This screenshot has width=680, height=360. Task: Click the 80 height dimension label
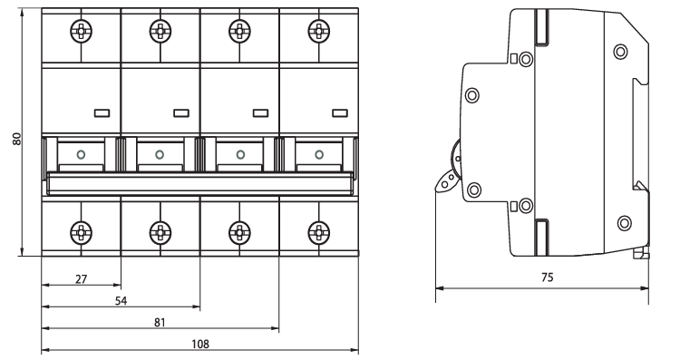coord(17,139)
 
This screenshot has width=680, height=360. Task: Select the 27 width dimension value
coord(81,279)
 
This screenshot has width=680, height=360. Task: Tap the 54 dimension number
coord(121,301)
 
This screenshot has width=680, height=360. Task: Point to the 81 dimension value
coord(160,323)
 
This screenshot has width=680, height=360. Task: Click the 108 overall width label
coord(200,345)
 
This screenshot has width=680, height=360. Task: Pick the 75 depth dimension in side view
coord(548,277)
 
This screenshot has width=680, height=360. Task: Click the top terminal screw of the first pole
coord(81,31)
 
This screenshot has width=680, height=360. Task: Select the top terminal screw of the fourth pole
coord(319,31)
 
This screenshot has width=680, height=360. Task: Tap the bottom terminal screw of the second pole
coord(160,233)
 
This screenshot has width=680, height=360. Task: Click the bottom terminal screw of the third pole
coord(239,233)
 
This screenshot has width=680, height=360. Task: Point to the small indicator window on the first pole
coord(102,113)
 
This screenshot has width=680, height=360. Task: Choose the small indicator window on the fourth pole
coord(340,113)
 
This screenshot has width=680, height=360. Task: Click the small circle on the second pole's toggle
coord(160,154)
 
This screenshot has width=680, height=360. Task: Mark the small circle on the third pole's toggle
coord(240,154)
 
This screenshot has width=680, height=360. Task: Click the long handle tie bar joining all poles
coord(200,183)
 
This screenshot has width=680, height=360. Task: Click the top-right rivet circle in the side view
coord(620,51)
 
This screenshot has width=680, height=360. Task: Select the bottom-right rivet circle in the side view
coord(624,223)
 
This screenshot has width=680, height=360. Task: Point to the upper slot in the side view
coord(541,27)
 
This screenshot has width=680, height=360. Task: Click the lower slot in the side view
coord(541,238)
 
